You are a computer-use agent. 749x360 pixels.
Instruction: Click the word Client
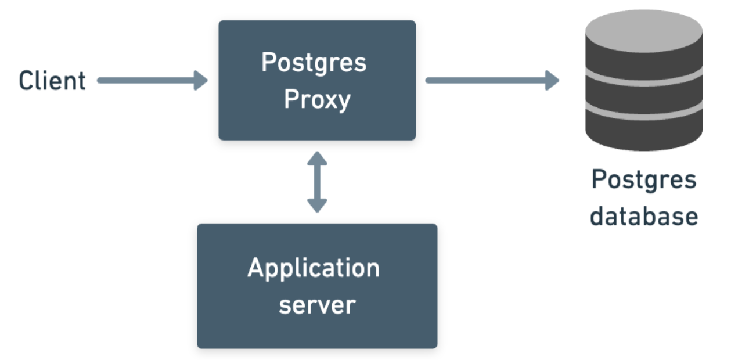coord(52,81)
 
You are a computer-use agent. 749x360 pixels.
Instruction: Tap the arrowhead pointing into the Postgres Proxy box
coord(201,81)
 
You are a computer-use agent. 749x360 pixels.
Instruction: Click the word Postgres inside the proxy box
coord(314,62)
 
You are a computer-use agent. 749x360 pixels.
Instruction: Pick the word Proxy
coord(317,100)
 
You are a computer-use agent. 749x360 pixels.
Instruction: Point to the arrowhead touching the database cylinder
coord(552,80)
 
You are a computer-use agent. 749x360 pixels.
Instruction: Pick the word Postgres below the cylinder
coord(644,180)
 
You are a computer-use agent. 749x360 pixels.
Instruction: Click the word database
coord(644,216)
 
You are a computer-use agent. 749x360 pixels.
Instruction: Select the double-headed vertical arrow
coord(317,182)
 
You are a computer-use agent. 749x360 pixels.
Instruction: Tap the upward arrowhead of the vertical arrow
coord(317,159)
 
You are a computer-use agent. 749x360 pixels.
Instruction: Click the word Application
coord(314,269)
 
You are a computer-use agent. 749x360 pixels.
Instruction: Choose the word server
coord(317,305)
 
